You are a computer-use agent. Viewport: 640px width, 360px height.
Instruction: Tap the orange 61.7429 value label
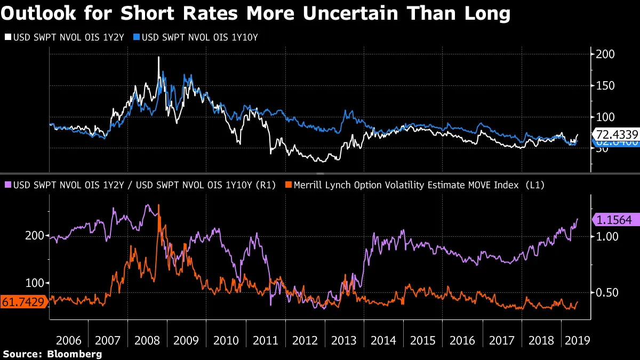pos(24,301)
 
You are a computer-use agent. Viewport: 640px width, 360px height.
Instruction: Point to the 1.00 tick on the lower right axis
pos(606,236)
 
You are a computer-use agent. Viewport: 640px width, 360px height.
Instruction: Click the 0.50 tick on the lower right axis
pos(606,292)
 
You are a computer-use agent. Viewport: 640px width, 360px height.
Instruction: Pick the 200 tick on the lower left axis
pos(35,236)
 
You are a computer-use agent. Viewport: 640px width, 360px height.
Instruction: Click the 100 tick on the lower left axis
pos(35,283)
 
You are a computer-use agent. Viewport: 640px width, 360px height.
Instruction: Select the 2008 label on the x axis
pos(147,340)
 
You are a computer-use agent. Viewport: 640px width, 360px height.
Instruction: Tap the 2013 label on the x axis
pos(345,340)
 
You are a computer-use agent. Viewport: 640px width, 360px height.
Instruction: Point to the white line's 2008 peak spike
pos(158,58)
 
